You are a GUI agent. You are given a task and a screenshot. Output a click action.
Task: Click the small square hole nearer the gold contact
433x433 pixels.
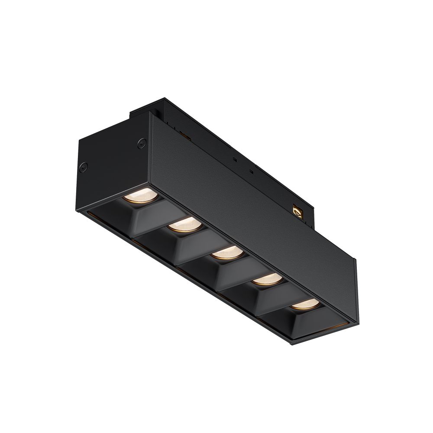coord(251,172)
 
